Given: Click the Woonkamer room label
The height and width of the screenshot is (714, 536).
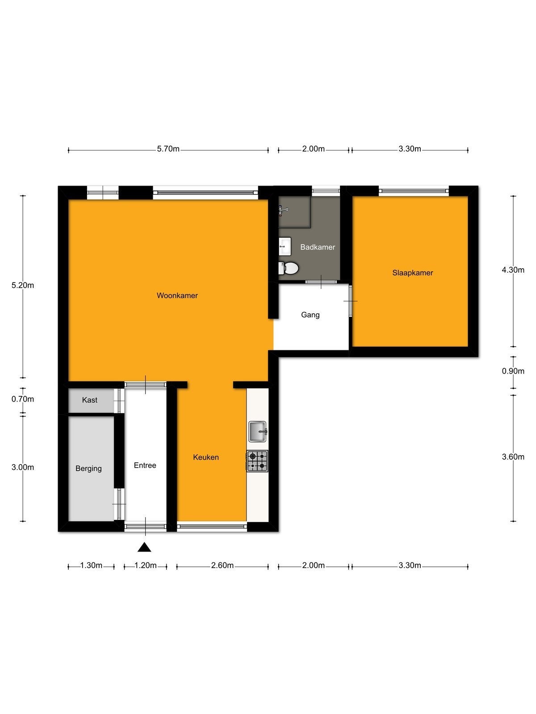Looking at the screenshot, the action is tap(177, 295).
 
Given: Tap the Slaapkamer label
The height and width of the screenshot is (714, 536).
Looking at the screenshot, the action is tap(412, 273).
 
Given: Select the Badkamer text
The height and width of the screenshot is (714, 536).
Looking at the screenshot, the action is tap(317, 247).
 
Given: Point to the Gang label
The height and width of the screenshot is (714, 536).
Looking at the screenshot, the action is tap(310, 315).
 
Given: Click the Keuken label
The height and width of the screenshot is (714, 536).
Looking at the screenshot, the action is tap(205, 457).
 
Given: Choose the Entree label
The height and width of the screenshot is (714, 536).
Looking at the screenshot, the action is tap(145, 465).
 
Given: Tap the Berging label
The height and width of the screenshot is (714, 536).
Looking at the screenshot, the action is tap(88, 469).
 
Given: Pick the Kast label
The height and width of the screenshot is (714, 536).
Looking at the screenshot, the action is tap(89, 400).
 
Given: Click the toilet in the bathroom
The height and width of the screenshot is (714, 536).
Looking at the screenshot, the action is tap(289, 268).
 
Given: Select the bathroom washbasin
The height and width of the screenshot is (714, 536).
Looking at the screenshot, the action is tap(285, 246).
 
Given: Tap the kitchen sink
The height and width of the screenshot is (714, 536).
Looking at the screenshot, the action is tap(258, 432).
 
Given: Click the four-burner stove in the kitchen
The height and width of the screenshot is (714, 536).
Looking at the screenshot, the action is tap(257, 461).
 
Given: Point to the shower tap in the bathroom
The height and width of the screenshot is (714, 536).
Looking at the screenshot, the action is tap(283, 210).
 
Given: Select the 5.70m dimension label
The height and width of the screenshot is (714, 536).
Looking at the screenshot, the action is tap(168, 149).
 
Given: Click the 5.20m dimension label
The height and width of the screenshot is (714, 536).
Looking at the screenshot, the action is tap(23, 285).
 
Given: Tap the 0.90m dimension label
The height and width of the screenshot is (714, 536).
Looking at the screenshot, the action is tap(513, 371).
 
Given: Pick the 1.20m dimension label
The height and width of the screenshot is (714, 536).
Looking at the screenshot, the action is tap(146, 565).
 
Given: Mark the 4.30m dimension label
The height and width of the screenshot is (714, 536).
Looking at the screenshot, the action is tap(513, 270).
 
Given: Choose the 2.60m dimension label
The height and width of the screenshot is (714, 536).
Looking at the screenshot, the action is tap(222, 565).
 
